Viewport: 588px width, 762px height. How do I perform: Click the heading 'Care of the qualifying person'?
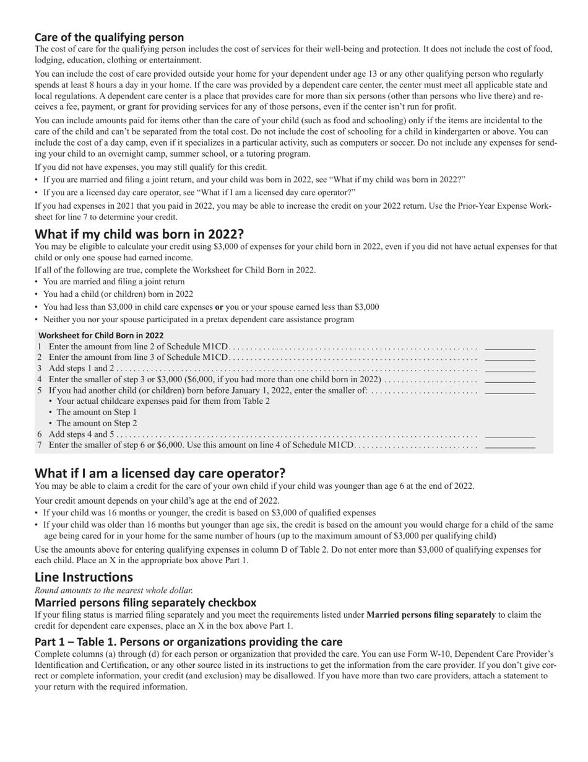[x=109, y=37]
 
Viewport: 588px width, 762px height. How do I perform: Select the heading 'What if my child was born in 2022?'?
[x=139, y=234]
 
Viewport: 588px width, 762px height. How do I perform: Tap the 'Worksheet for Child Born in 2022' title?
[x=101, y=335]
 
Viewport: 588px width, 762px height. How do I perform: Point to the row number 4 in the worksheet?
[x=40, y=379]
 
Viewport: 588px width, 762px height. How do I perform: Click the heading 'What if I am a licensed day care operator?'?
[x=160, y=473]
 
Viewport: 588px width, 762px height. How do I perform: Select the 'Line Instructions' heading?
[x=84, y=577]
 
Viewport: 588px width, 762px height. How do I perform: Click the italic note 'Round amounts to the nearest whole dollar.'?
[x=113, y=590]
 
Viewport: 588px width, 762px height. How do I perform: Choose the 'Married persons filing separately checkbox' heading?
[x=145, y=602]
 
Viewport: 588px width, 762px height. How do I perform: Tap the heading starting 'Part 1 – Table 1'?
[x=188, y=641]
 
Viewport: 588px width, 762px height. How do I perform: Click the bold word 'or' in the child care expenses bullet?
[x=218, y=307]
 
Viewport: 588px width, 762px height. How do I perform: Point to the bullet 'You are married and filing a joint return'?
[x=113, y=282]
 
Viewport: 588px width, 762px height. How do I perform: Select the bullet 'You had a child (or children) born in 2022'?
[x=118, y=294]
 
